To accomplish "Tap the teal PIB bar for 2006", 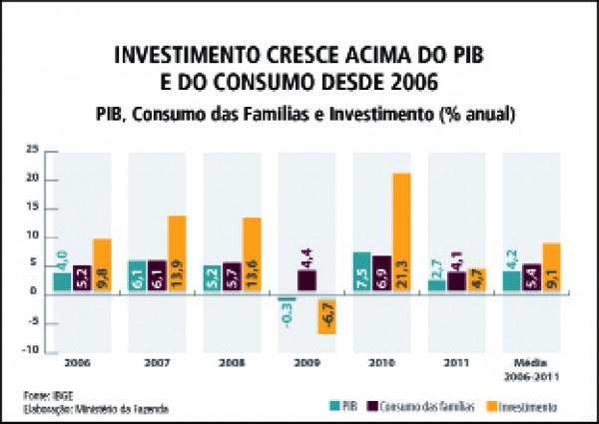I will click(62, 282).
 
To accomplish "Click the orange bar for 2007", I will click(177, 254).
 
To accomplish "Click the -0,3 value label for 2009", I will click(289, 315).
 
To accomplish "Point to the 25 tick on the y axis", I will click(32, 151).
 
